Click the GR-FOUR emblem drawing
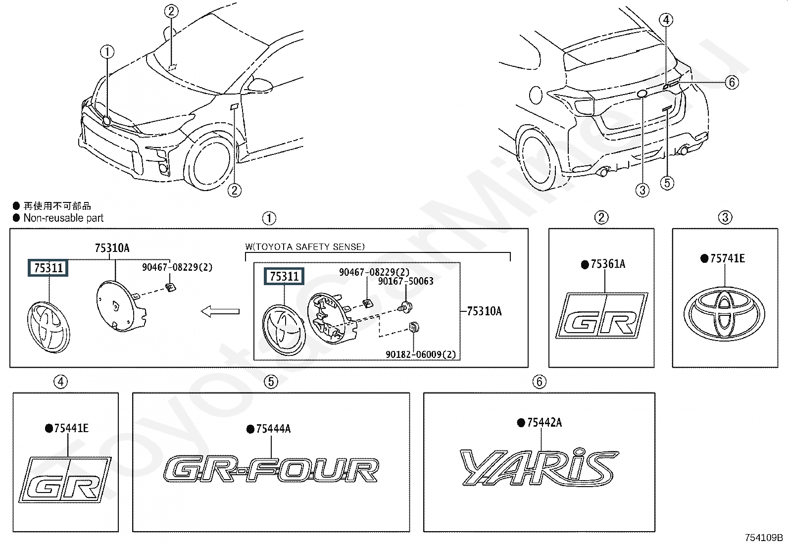[271, 470]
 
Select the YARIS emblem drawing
[539, 467]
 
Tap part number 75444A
[273, 429]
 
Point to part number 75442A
[544, 422]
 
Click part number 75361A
[608, 264]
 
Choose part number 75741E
[728, 258]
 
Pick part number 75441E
[71, 428]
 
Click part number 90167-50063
[405, 281]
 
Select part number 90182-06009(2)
[421, 354]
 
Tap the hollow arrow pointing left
[220, 311]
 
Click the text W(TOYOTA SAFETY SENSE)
[305, 247]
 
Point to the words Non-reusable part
[63, 218]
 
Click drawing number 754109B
[764, 538]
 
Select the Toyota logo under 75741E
[724, 314]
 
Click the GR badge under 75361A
[601, 316]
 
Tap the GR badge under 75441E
[65, 480]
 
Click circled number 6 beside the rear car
[732, 82]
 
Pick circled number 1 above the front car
[107, 52]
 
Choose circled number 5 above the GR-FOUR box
[271, 382]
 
